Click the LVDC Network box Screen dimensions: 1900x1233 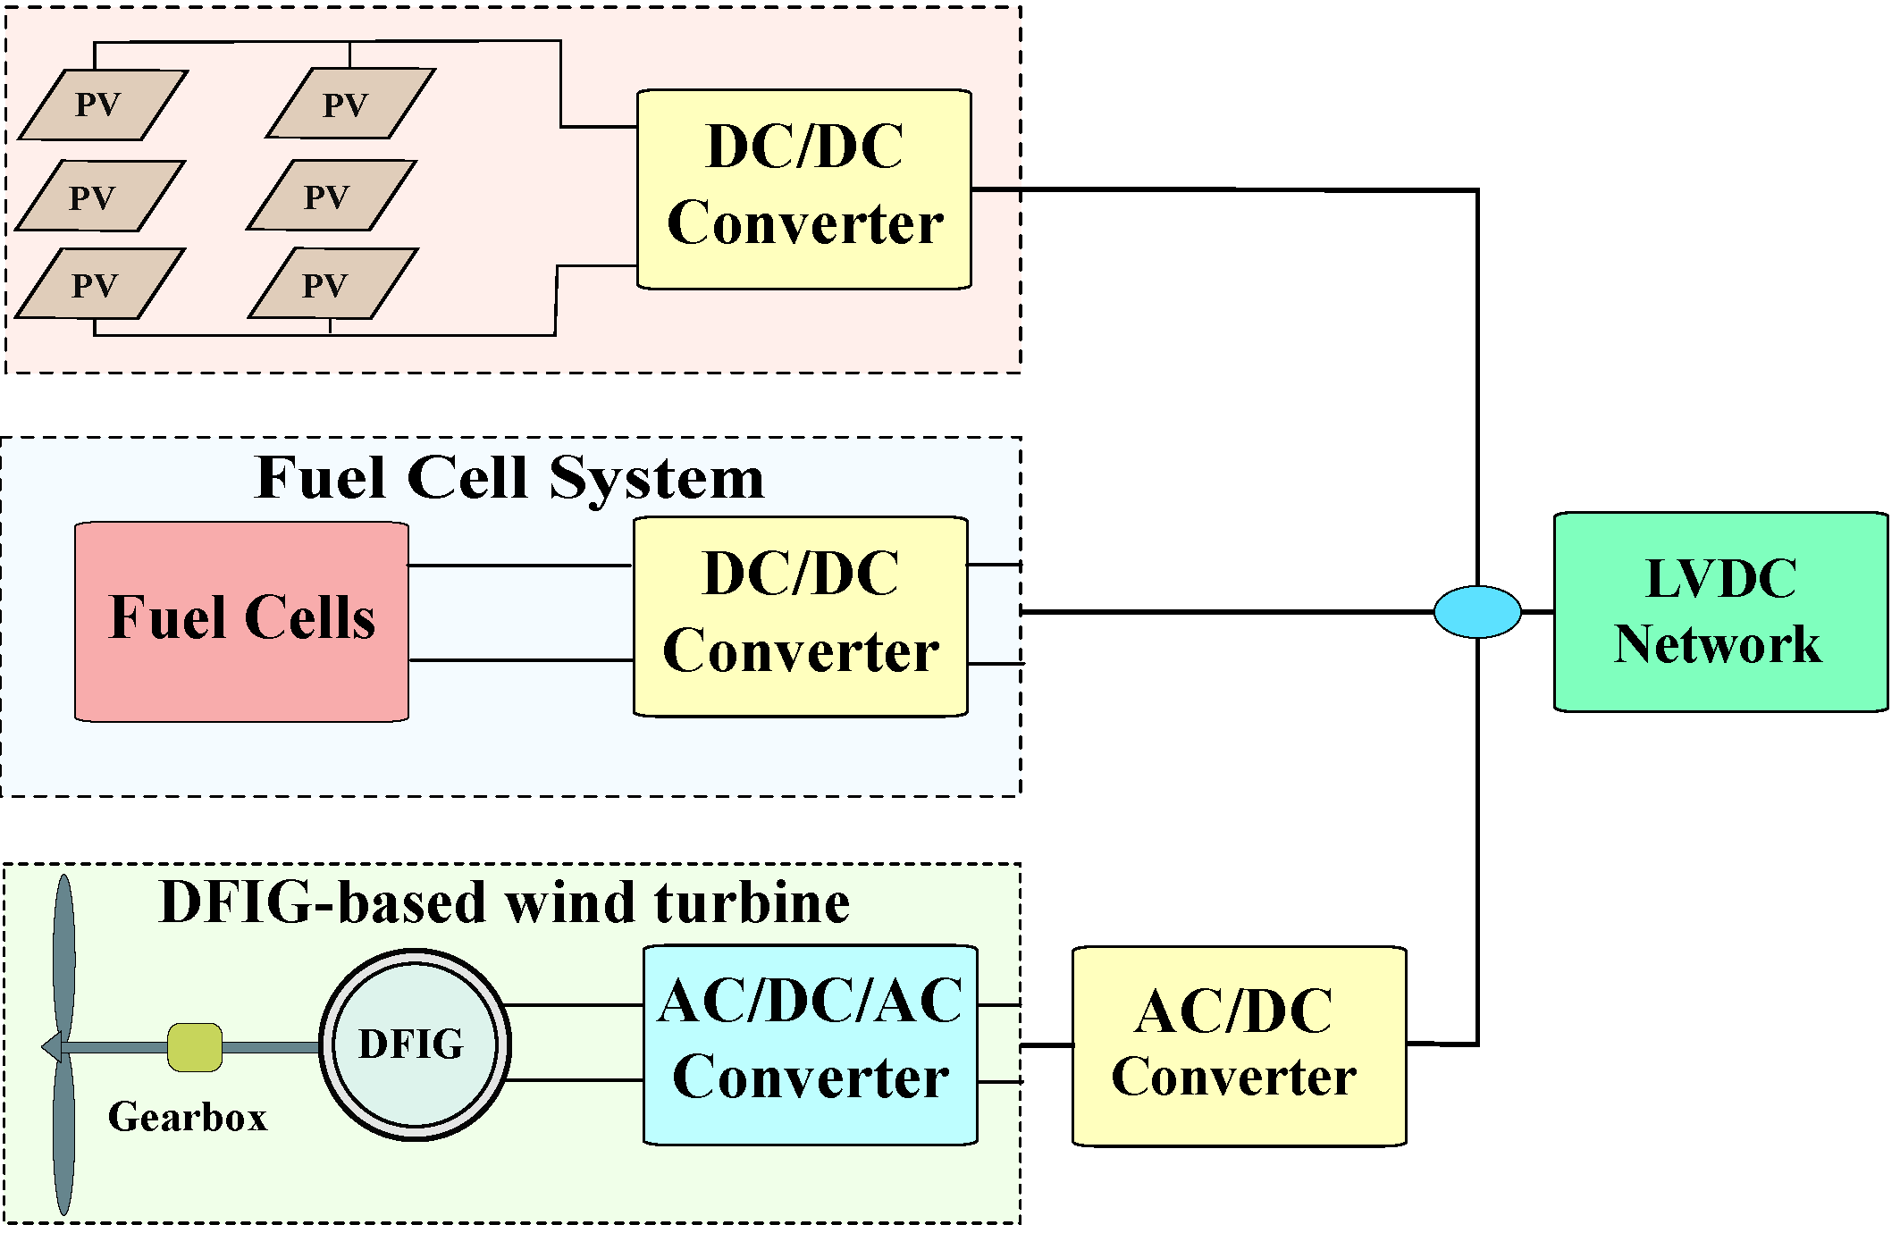pyautogui.click(x=1720, y=612)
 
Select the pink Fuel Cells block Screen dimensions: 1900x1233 pyautogui.click(x=242, y=622)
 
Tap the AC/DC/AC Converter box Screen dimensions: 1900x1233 pyautogui.click(x=811, y=1044)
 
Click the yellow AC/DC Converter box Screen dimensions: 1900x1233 pyautogui.click(x=1240, y=1046)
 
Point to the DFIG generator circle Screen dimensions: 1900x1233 pyautogui.click(x=416, y=1044)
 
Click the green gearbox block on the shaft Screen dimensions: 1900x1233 pyautogui.click(x=195, y=1047)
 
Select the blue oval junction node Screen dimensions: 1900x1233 pyautogui.click(x=1477, y=612)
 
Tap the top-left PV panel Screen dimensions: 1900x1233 pyautogui.click(x=103, y=105)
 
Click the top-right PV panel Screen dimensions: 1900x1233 pyautogui.click(x=350, y=104)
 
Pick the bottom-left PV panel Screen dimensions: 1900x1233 pyautogui.click(x=100, y=284)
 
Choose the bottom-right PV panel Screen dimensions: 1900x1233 pyautogui.click(x=332, y=284)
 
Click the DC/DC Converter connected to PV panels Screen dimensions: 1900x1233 pyautogui.click(x=804, y=189)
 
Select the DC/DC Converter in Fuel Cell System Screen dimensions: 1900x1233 pyautogui.click(x=801, y=616)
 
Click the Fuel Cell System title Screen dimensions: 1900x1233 pyautogui.click(x=509, y=478)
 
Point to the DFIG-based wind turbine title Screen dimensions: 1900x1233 pyautogui.click(x=505, y=902)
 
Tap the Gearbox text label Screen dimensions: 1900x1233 pyautogui.click(x=188, y=1117)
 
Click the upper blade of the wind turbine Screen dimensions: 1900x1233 pyautogui.click(x=64, y=956)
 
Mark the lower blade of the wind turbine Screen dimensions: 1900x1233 pyautogui.click(x=64, y=1135)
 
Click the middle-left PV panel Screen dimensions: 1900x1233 pyautogui.click(x=100, y=197)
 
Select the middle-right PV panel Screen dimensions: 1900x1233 pyautogui.click(x=332, y=196)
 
